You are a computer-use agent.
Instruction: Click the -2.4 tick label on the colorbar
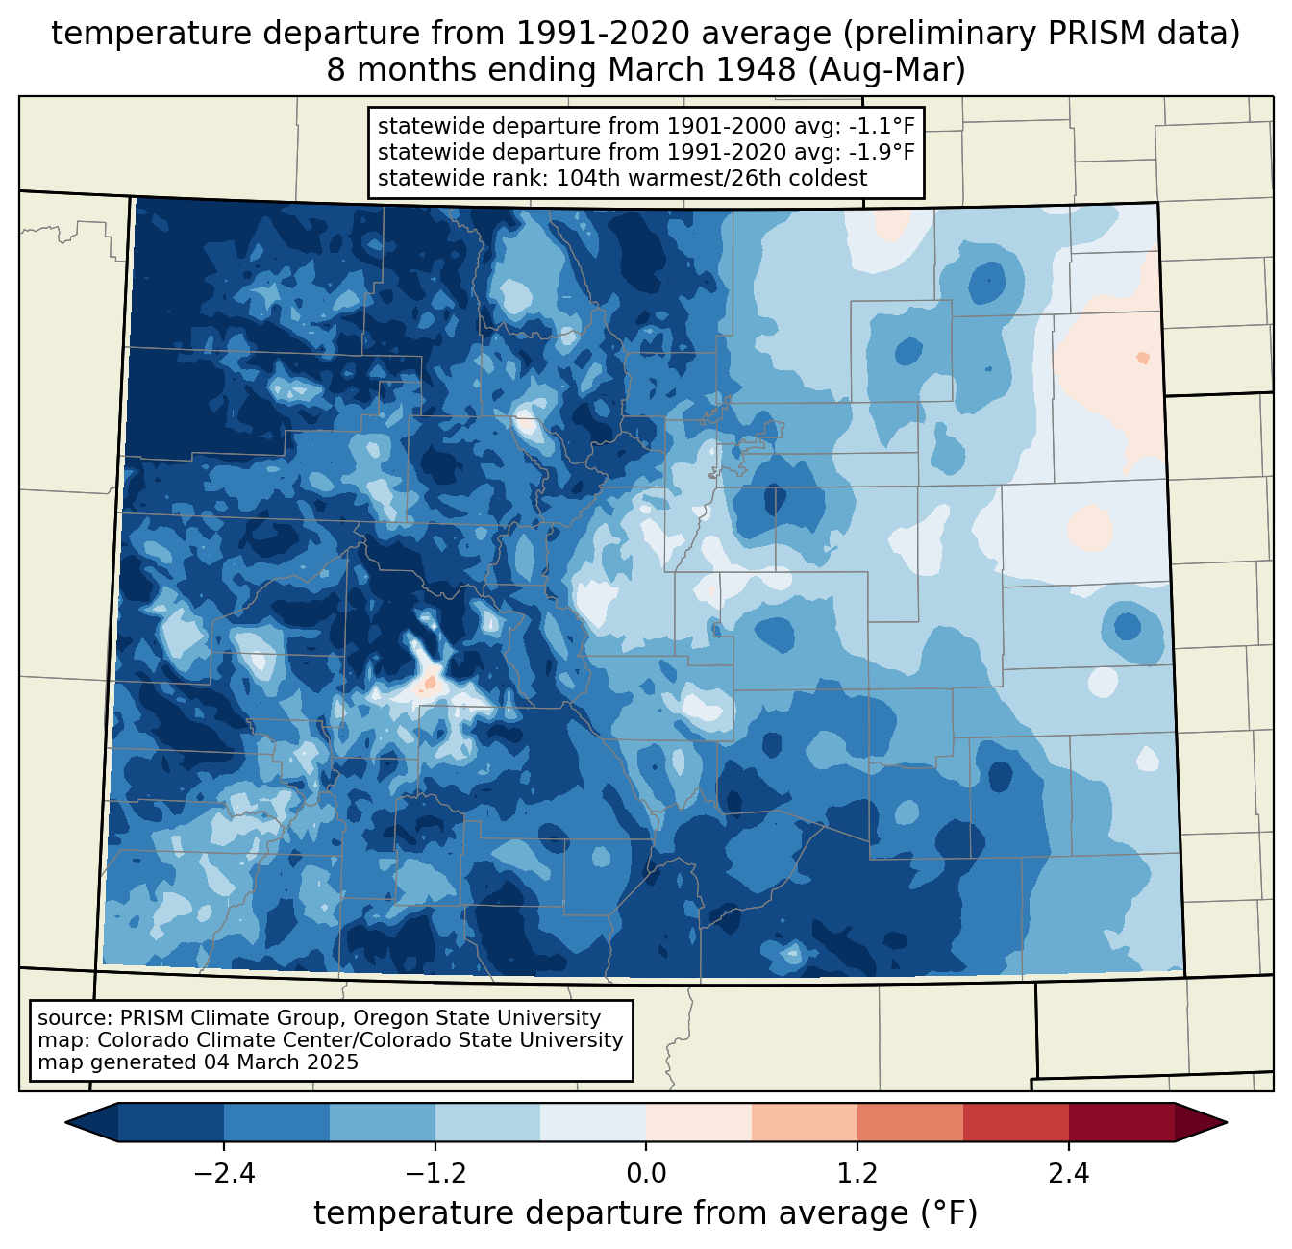tap(224, 1174)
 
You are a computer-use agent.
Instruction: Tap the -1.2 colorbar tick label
tap(435, 1174)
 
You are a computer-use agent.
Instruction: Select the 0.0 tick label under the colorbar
tap(646, 1174)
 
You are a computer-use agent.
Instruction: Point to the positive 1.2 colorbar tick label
tap(857, 1174)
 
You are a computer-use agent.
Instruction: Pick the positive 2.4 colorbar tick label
tap(1068, 1174)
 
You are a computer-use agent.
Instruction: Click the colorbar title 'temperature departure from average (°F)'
tap(645, 1213)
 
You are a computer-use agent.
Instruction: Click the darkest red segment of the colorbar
tap(1121, 1122)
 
